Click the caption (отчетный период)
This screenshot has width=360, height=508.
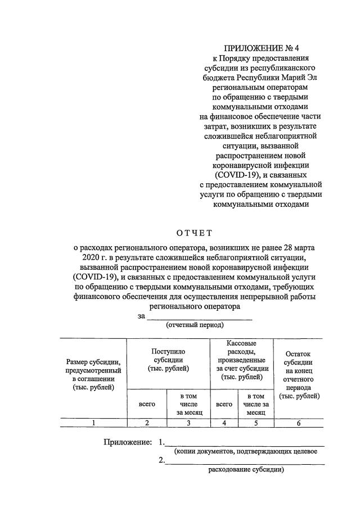195,325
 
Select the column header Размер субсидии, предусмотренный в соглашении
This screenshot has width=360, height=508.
93,374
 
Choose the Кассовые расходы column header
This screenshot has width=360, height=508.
241,360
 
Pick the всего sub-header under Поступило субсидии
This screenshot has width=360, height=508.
147,403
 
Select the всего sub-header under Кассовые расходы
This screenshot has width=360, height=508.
224,403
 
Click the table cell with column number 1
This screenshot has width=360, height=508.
93,423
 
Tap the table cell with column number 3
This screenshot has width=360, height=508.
188,423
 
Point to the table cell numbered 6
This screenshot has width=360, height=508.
299,423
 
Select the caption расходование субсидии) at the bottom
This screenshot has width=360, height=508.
247,470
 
